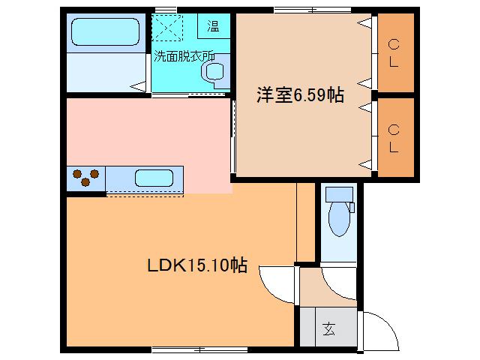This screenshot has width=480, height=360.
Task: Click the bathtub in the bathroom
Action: pyautogui.click(x=106, y=34)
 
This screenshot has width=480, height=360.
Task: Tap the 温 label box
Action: pyautogui.click(x=214, y=28)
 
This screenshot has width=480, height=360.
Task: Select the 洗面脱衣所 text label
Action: pyautogui.click(x=184, y=55)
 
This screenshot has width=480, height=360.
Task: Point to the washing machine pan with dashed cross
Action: pyautogui.click(x=169, y=30)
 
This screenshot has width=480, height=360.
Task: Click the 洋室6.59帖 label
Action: pyautogui.click(x=300, y=95)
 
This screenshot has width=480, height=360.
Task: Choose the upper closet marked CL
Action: pyautogui.click(x=394, y=53)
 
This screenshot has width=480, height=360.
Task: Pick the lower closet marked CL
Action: pyautogui.click(x=394, y=138)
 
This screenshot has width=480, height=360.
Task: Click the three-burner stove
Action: pyautogui.click(x=85, y=178)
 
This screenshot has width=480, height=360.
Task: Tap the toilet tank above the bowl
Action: pyautogui.click(x=339, y=194)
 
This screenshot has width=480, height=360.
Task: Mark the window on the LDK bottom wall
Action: pyautogui.click(x=199, y=349)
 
